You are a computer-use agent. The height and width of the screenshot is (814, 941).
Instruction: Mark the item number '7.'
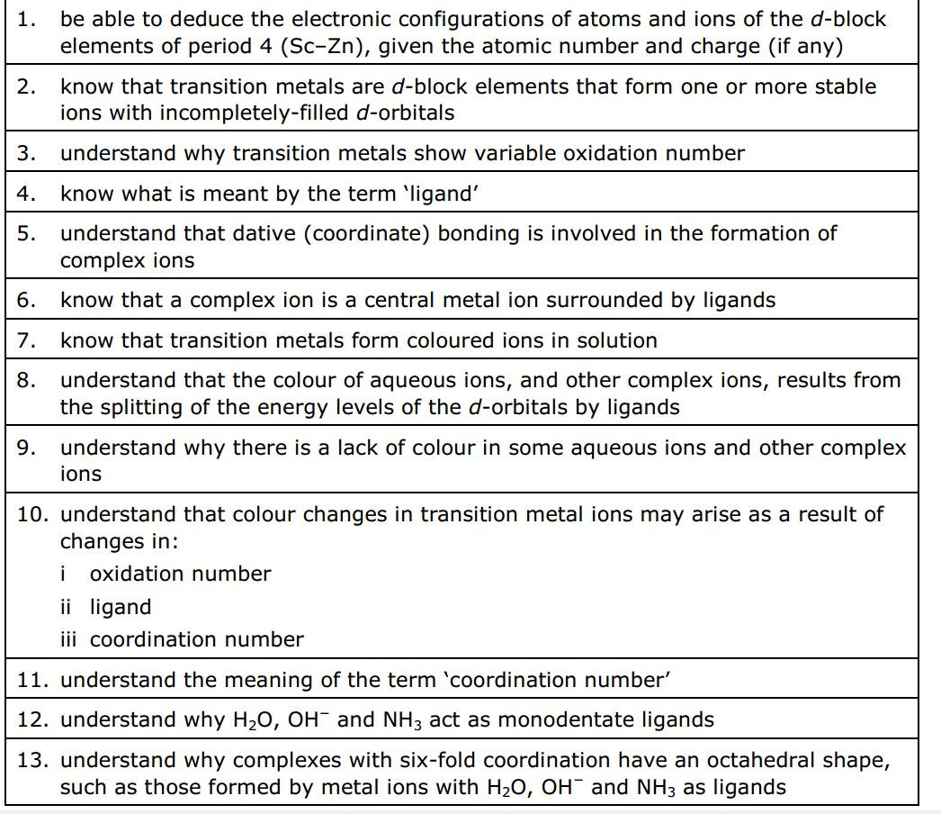tap(26, 340)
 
